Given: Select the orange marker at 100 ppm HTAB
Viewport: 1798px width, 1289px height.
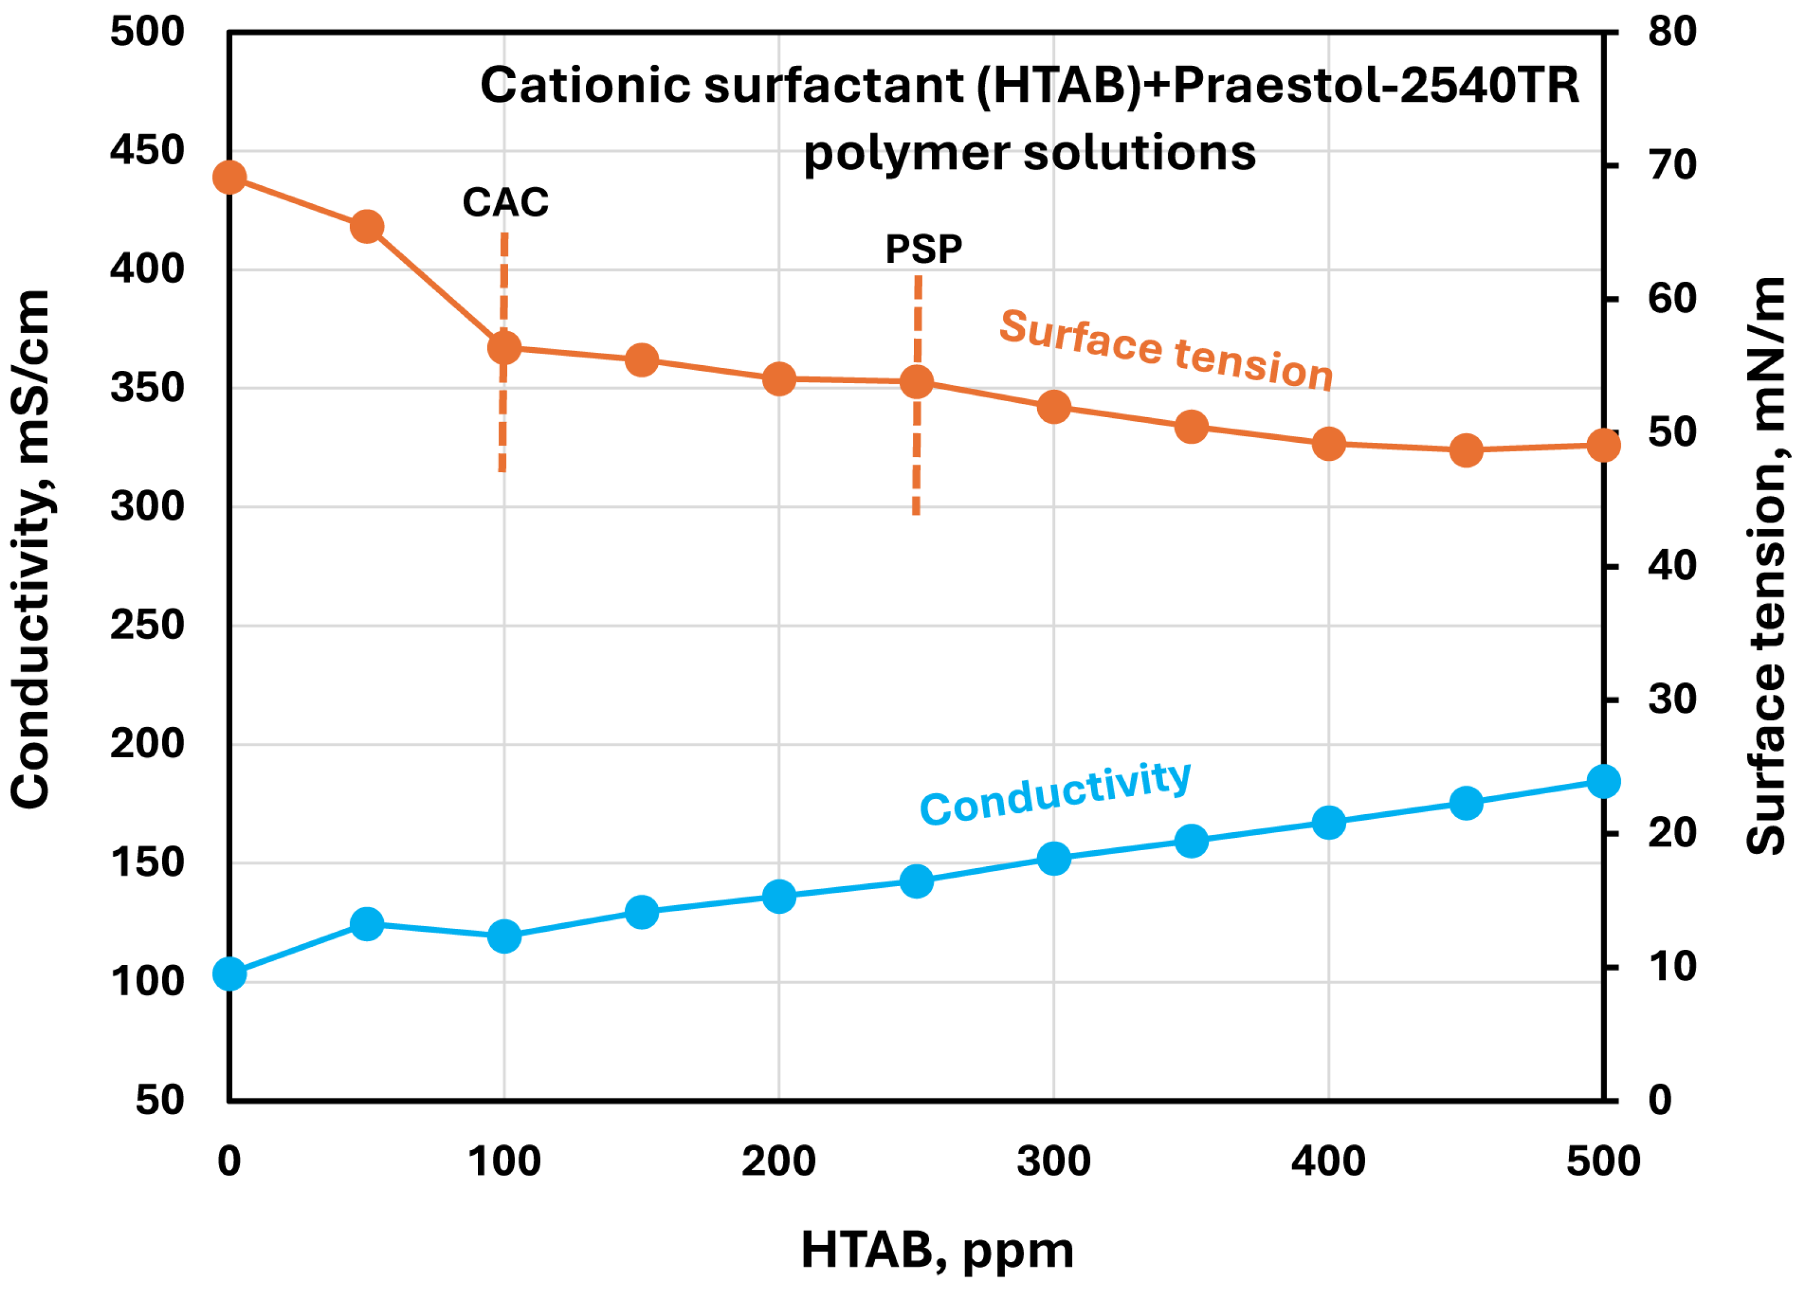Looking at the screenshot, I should pos(504,347).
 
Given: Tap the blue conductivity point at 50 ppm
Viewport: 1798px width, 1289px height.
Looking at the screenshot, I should pos(367,923).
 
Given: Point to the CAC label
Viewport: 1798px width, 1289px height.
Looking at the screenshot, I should pos(505,202).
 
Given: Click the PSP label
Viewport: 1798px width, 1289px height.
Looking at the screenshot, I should pos(923,249).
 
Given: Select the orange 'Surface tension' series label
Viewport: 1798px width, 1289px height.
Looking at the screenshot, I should pos(1165,349).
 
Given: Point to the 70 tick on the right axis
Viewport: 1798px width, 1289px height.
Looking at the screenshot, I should pos(1672,165).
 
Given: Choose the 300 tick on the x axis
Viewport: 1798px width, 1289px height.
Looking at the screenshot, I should pos(1053,1161).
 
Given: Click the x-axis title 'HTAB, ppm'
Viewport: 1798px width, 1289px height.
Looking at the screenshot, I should pos(937,1250).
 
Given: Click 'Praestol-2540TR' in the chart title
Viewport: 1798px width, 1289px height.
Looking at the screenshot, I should pos(1375,85).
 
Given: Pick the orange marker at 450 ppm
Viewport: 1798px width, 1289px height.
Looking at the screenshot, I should pos(1467,450).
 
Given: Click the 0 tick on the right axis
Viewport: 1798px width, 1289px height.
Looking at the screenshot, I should pos(1660,1101).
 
